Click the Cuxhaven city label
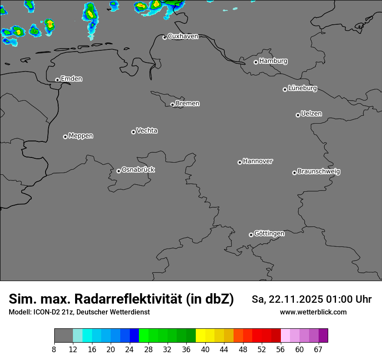(183, 36)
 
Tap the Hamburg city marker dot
(256, 62)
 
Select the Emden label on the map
(71, 79)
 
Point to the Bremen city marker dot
(172, 105)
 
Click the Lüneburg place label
(303, 88)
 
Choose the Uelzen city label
(311, 114)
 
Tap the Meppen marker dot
(65, 137)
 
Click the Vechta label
(147, 131)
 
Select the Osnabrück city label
(138, 170)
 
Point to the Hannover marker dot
(240, 162)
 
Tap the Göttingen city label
(269, 234)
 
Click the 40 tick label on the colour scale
(205, 350)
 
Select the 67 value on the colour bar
(318, 350)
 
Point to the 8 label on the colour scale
(54, 350)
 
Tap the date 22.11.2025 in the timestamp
(296, 300)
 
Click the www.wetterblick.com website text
(313, 312)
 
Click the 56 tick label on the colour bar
(280, 350)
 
